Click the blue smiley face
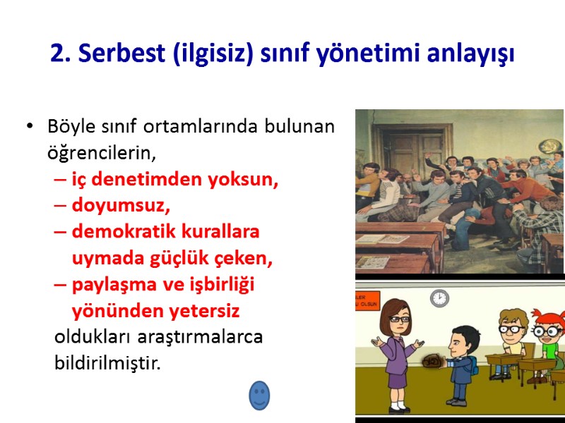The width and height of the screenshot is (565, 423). [x=259, y=396]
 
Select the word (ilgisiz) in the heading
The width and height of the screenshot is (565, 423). [x=207, y=54]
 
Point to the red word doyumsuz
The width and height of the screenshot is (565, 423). [x=121, y=206]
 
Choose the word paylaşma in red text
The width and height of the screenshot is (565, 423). [x=112, y=284]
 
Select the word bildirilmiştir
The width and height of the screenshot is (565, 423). [x=107, y=363]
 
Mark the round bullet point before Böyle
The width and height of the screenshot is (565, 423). [x=29, y=128]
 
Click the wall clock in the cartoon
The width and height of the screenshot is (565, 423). [x=439, y=298]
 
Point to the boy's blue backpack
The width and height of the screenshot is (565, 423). [x=470, y=366]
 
